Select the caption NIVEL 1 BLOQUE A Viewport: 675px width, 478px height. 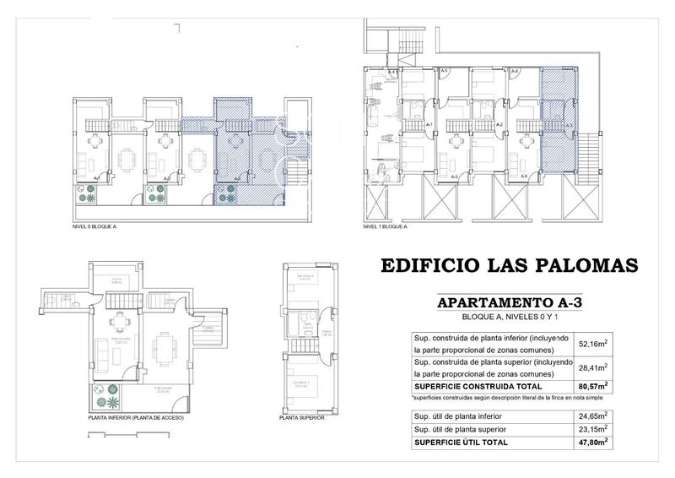[x=386, y=227]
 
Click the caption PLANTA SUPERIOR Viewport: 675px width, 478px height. [x=301, y=417]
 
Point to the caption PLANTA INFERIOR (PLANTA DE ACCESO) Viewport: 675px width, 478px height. [x=135, y=417]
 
